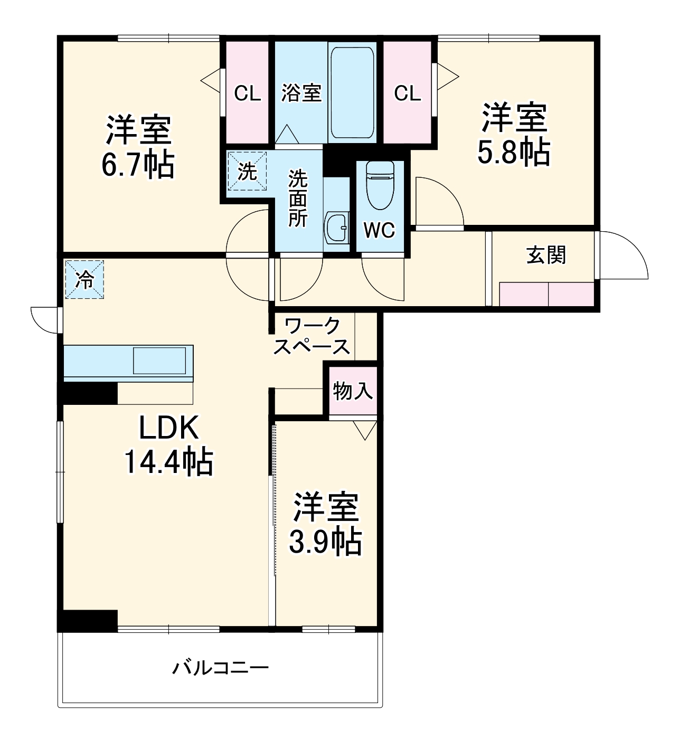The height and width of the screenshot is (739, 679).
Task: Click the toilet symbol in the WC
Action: coord(380,185)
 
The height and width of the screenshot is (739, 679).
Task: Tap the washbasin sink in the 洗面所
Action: coord(336,229)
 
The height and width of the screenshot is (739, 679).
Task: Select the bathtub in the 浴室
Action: coord(352,93)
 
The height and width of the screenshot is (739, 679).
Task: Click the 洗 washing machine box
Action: coord(247,171)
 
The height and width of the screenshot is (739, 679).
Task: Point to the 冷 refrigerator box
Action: coord(84,280)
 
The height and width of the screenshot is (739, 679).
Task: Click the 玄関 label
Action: coord(546,255)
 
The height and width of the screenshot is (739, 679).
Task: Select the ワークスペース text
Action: coord(312,336)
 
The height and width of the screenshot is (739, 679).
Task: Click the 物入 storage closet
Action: coord(353,391)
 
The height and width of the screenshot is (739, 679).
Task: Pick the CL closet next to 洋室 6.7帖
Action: coord(248,94)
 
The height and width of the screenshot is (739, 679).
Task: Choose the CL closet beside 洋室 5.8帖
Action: coord(408,93)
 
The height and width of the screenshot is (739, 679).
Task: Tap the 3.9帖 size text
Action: coord(325,542)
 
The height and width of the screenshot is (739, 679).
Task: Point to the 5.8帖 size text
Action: coord(513,152)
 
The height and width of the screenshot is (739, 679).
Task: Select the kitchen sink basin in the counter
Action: coord(159,361)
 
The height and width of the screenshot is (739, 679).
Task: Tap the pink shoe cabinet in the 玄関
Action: coord(546,294)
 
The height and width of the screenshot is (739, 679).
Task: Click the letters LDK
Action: coord(169,428)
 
